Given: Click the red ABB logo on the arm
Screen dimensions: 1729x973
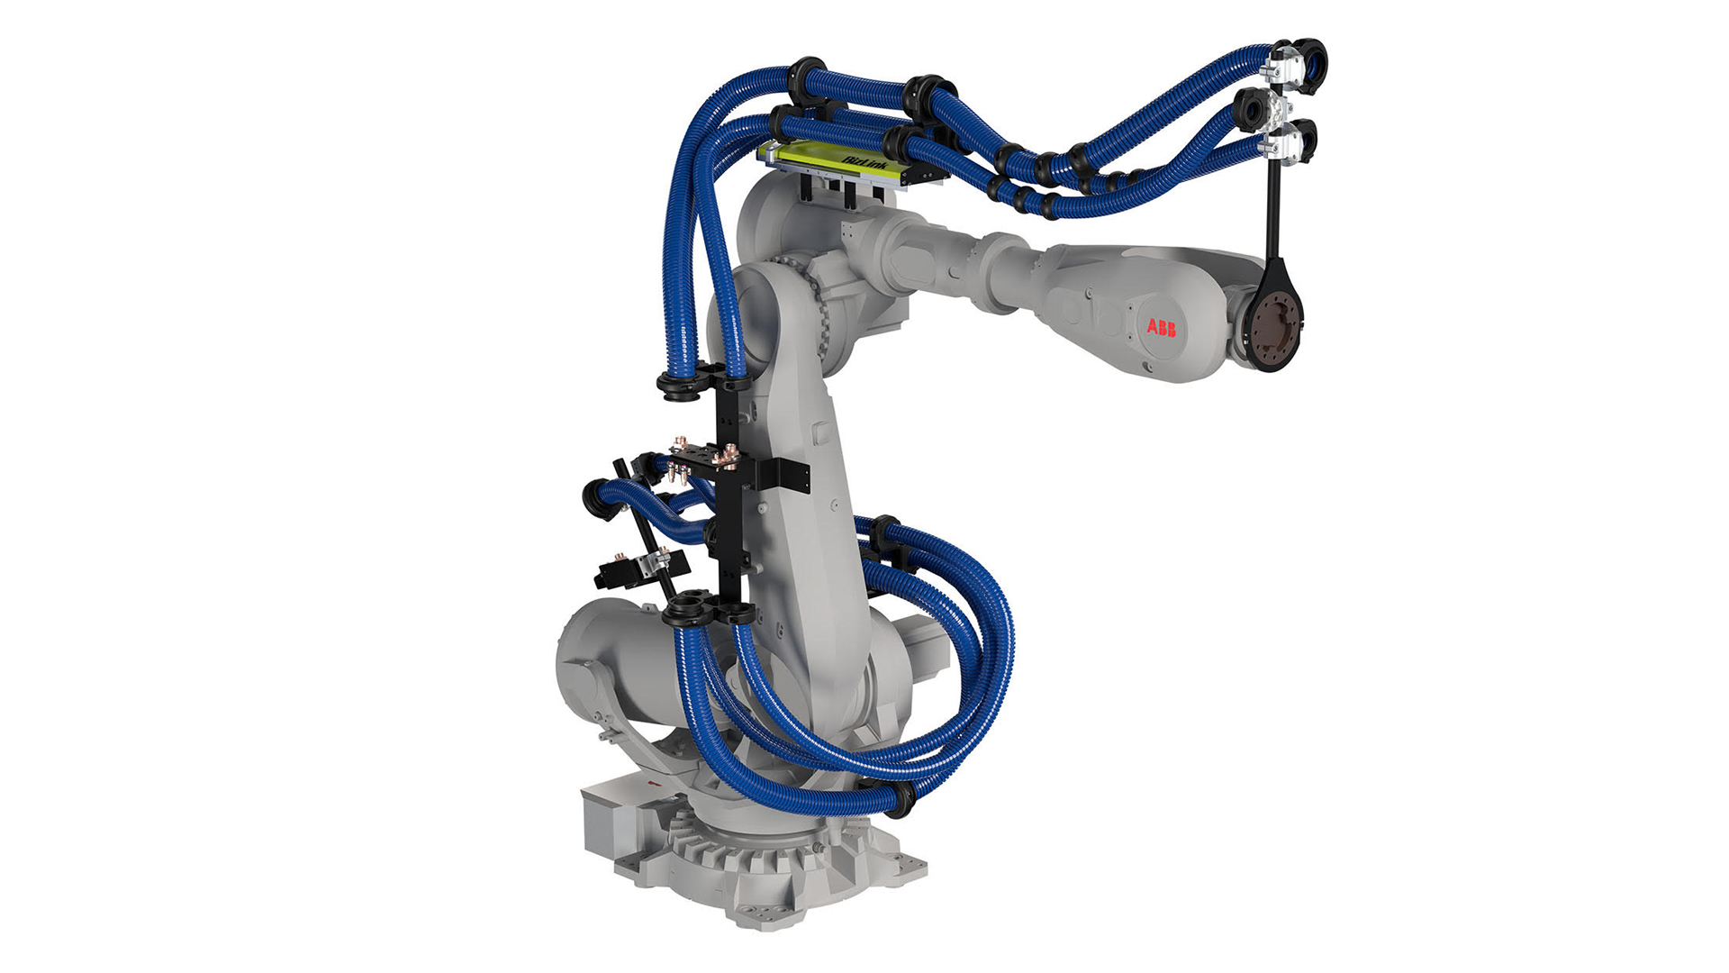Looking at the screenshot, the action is pos(1161,328).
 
